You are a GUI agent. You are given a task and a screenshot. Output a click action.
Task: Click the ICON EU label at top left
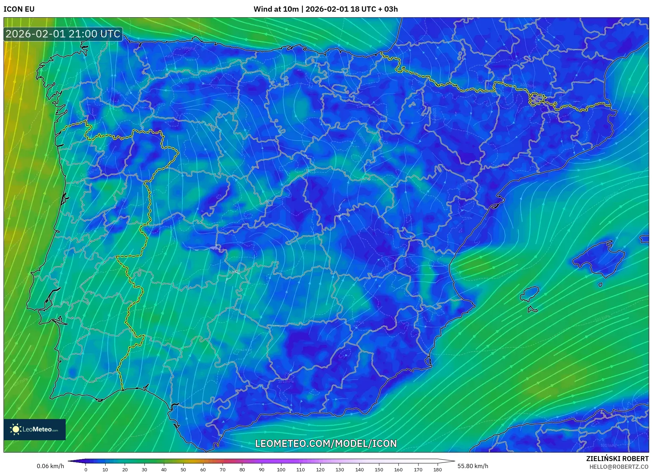(x=19, y=9)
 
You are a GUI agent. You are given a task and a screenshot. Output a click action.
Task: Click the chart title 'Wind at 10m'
(x=276, y=9)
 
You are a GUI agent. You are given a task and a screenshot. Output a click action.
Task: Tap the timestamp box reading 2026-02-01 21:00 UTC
(x=63, y=34)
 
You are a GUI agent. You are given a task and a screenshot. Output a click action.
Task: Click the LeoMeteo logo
(x=35, y=429)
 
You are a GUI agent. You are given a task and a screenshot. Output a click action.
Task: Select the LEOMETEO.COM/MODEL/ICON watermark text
(x=326, y=443)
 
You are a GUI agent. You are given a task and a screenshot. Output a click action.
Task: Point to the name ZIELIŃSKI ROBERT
(x=617, y=459)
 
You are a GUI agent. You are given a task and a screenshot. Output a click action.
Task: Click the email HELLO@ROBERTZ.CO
(x=618, y=467)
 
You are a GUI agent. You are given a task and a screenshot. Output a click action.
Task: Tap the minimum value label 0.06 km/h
(x=51, y=466)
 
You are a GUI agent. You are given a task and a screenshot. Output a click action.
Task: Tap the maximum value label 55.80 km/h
(x=473, y=466)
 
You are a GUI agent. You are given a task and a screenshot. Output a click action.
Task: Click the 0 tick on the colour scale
(x=86, y=470)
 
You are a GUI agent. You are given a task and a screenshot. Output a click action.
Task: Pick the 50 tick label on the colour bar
(x=183, y=470)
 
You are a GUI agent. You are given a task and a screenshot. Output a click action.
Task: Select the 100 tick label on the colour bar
(x=281, y=470)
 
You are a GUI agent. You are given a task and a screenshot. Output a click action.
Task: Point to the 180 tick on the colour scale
(x=437, y=470)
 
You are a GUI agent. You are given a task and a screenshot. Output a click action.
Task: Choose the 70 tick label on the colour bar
(x=223, y=470)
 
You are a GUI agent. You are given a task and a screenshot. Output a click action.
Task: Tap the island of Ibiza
(x=530, y=294)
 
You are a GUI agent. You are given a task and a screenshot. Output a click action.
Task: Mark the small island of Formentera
(x=532, y=310)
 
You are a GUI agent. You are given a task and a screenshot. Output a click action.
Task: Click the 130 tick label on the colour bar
(x=340, y=470)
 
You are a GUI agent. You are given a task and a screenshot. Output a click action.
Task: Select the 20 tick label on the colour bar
(x=125, y=470)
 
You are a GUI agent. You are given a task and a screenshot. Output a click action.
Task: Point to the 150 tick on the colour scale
(x=379, y=470)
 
